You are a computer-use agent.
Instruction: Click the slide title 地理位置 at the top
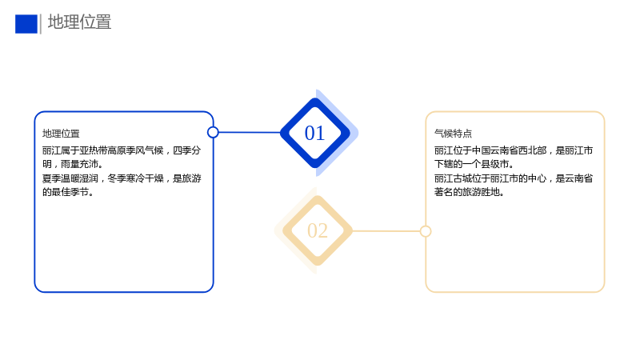(79, 22)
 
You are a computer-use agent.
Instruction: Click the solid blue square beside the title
(26, 24)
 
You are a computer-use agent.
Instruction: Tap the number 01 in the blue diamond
(314, 133)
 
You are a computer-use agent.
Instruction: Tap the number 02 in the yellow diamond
(318, 231)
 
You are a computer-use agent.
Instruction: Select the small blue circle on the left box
(213, 132)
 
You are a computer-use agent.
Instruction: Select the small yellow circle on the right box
(426, 231)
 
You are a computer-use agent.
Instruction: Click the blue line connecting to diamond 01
(250, 132)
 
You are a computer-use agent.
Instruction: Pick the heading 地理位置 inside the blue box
(61, 134)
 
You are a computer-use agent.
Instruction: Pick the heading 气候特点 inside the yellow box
(453, 134)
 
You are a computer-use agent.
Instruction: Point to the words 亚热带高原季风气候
(122, 150)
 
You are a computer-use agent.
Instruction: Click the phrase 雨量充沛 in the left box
(79, 164)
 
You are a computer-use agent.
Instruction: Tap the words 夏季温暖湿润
(70, 178)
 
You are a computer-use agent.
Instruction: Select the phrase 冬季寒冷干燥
(135, 178)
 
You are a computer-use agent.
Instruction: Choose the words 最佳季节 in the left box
(70, 192)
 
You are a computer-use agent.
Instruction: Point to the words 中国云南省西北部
(509, 150)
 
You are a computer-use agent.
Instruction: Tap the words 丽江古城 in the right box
(453, 178)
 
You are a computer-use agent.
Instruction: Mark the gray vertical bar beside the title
(41, 24)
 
